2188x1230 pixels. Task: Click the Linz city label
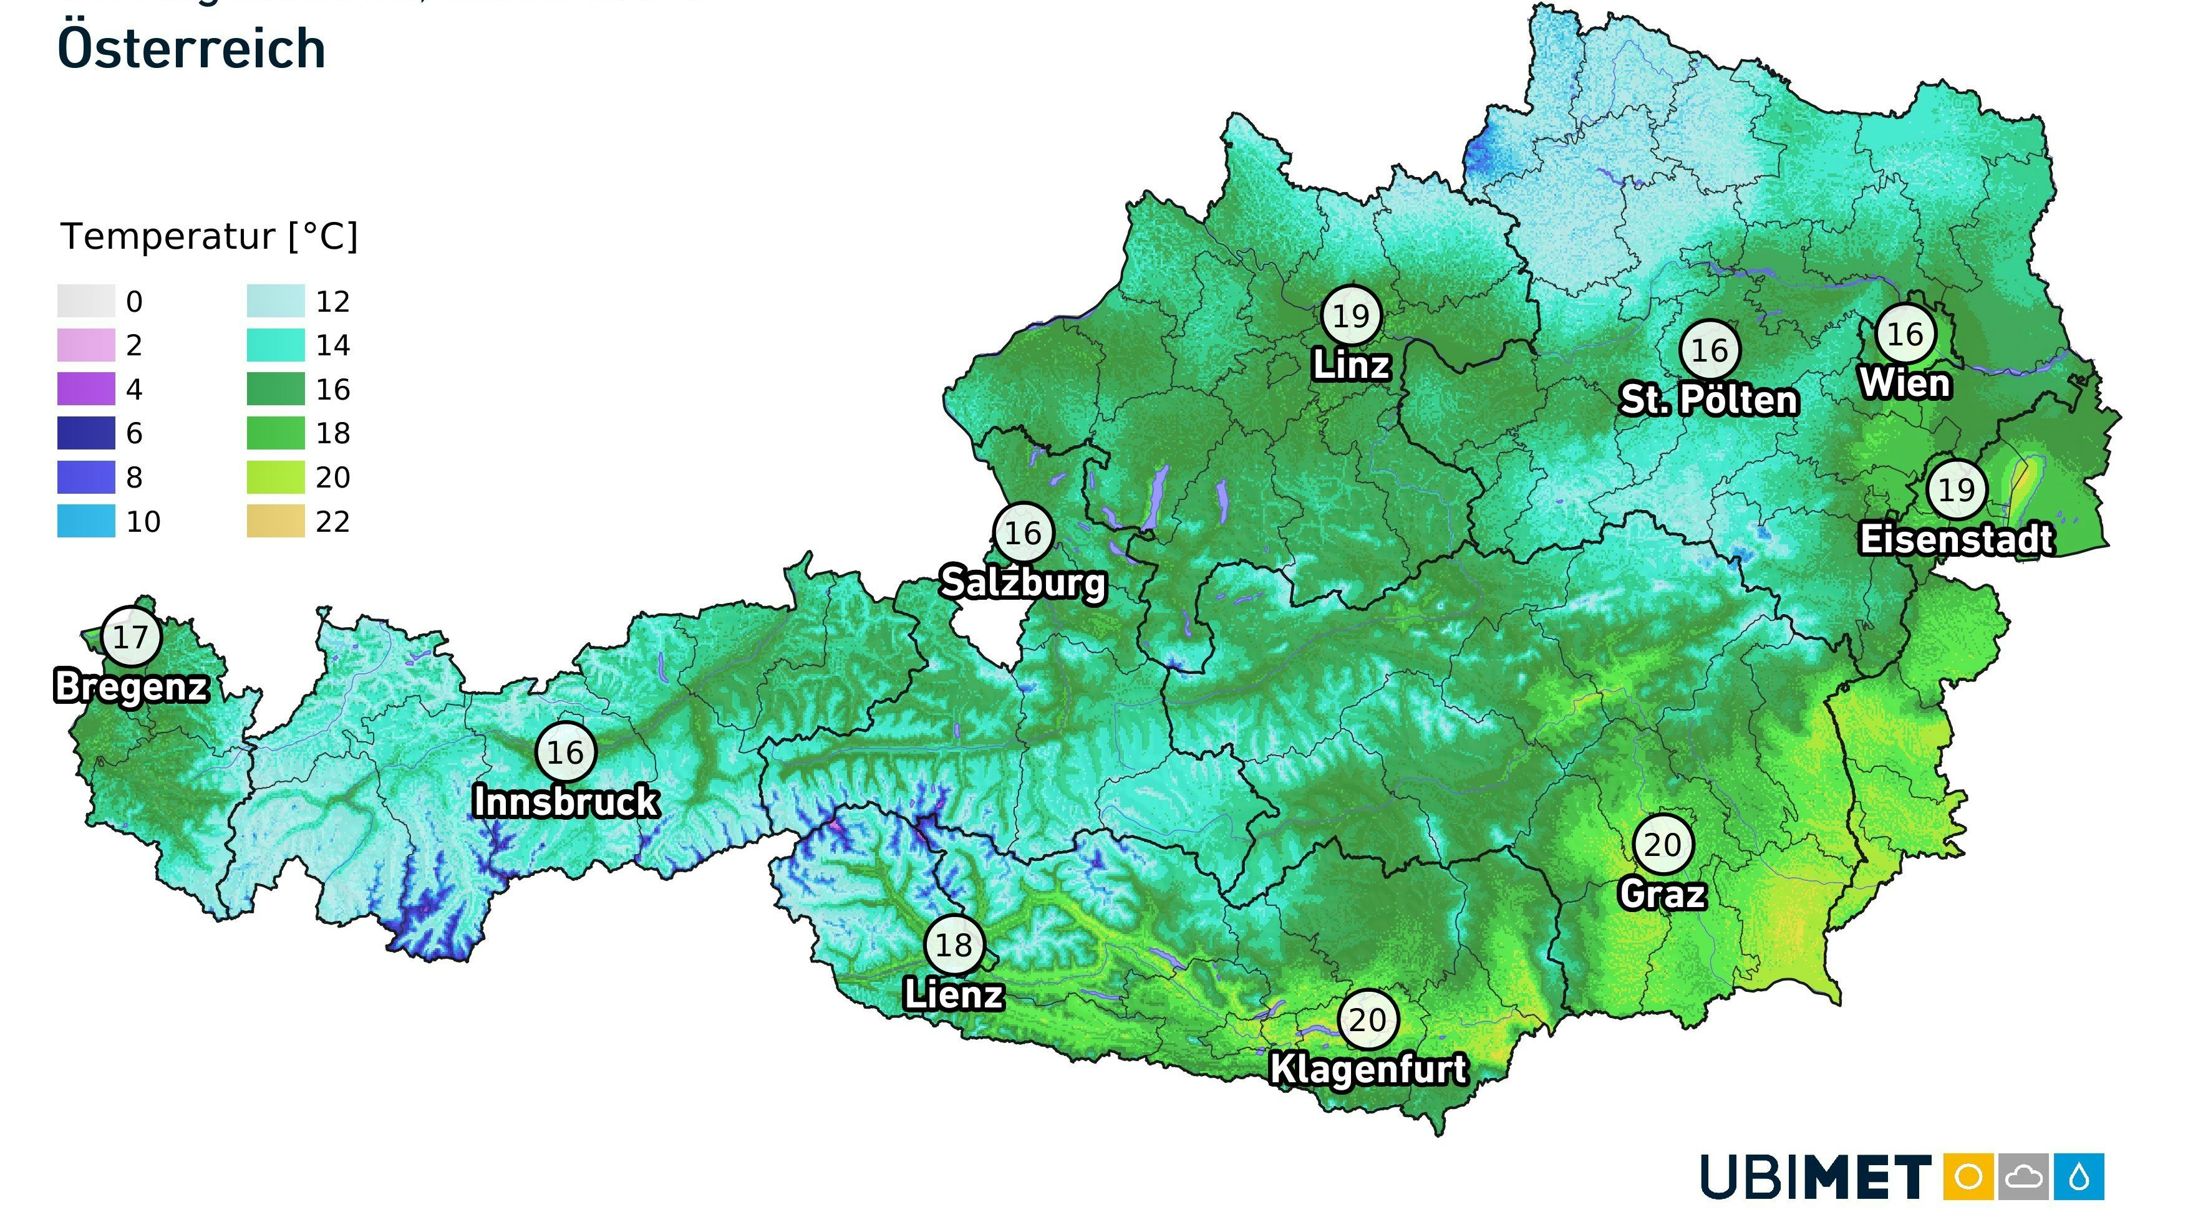(x=1352, y=366)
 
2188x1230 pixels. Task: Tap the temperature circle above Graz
(x=1662, y=845)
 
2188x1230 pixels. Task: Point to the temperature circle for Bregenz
(x=131, y=637)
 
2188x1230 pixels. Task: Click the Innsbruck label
(x=566, y=801)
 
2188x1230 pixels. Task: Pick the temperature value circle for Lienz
(x=953, y=944)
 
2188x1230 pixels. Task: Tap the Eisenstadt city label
(x=1956, y=539)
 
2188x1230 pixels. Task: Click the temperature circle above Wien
(x=1905, y=334)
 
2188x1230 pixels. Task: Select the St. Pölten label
(x=1709, y=400)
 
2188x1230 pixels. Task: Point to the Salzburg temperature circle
(x=1023, y=533)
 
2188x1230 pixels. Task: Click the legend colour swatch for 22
(x=275, y=521)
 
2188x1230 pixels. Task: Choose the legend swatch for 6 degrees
(x=86, y=433)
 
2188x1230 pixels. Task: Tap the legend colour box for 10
(x=86, y=521)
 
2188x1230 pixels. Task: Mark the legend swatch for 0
(x=86, y=301)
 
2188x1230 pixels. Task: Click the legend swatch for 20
(x=275, y=477)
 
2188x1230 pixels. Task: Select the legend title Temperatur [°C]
(x=209, y=236)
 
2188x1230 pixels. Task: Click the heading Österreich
(x=191, y=49)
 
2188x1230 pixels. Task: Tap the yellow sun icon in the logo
(x=1968, y=1176)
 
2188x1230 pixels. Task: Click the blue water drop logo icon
(x=2079, y=1176)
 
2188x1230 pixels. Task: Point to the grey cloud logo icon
(x=2024, y=1176)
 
